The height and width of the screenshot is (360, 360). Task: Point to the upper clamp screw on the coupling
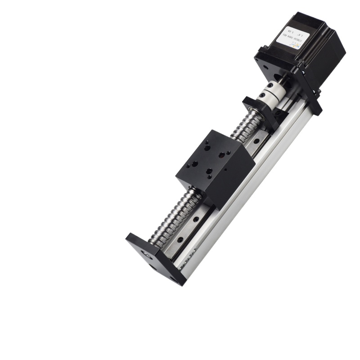[269, 86]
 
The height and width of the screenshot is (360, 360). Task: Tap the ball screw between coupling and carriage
[246, 126]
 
